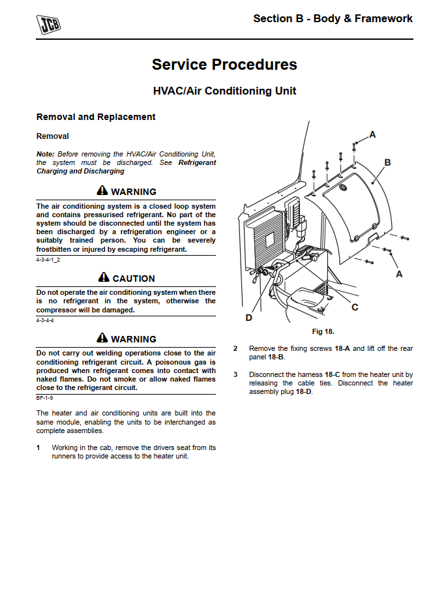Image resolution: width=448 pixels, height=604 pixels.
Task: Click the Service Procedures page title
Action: [x=224, y=65]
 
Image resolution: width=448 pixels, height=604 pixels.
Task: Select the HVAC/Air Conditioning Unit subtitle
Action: [x=224, y=91]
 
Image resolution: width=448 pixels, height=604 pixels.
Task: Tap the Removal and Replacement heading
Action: [x=96, y=117]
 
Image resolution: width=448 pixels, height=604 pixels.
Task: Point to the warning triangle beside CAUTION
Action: [x=103, y=278]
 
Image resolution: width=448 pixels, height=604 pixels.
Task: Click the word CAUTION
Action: [x=134, y=279]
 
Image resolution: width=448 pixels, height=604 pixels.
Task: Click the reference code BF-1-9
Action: [x=44, y=397]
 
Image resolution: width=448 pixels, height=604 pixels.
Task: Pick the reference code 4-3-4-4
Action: [x=45, y=320]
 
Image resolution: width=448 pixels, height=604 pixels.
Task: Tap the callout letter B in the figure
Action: [x=387, y=162]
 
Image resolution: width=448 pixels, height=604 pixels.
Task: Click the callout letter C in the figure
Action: [x=355, y=307]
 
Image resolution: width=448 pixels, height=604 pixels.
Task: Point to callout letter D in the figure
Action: [x=248, y=318]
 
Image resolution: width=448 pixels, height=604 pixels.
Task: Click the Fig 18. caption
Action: [x=323, y=332]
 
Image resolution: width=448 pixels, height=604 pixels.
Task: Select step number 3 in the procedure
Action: [x=235, y=375]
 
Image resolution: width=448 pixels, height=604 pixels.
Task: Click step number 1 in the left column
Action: [x=38, y=448]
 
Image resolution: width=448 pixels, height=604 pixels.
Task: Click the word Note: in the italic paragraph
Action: [x=46, y=153]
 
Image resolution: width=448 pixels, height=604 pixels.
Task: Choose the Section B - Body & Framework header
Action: [x=333, y=19]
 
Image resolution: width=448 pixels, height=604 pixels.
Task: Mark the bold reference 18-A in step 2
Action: [x=342, y=349]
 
